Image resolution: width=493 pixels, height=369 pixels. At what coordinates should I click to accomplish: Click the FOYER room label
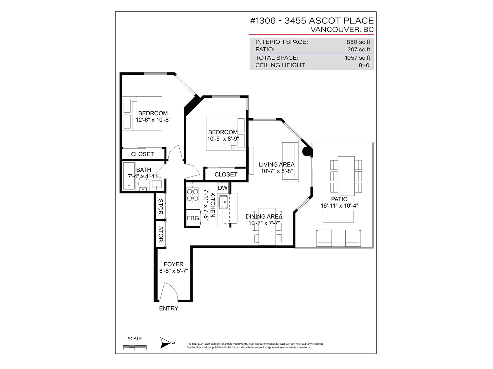pyautogui.click(x=173, y=264)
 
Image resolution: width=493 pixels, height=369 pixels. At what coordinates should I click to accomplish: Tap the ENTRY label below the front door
pyautogui.click(x=169, y=308)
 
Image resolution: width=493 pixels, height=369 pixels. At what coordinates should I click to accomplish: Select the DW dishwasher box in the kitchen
pyautogui.click(x=222, y=188)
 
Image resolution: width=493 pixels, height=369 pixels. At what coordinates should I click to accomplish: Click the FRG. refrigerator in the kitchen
pyautogui.click(x=194, y=218)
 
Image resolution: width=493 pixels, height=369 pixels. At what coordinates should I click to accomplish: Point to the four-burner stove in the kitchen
pyautogui.click(x=193, y=195)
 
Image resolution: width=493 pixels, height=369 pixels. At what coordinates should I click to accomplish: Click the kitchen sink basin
pyautogui.click(x=223, y=202)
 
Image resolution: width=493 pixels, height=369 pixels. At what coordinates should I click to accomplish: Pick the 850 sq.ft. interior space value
pyautogui.click(x=359, y=42)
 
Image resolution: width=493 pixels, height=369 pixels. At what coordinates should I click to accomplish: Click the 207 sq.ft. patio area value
pyautogui.click(x=359, y=50)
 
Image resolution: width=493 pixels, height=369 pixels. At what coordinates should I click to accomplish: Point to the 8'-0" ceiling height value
pyautogui.click(x=365, y=65)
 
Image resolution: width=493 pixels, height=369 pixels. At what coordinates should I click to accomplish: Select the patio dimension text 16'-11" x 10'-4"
pyautogui.click(x=339, y=206)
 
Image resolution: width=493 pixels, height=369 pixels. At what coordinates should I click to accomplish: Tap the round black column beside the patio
pyautogui.click(x=307, y=152)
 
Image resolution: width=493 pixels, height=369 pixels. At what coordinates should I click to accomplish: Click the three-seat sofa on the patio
pyautogui.click(x=338, y=238)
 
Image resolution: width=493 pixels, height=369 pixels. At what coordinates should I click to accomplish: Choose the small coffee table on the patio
pyautogui.click(x=338, y=216)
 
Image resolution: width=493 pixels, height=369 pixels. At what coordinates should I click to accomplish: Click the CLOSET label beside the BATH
pyautogui.click(x=142, y=154)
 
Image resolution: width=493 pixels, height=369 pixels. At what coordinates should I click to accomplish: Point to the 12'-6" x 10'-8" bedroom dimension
pyautogui.click(x=153, y=120)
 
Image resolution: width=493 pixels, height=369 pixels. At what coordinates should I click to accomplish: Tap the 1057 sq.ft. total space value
pyautogui.click(x=358, y=58)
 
